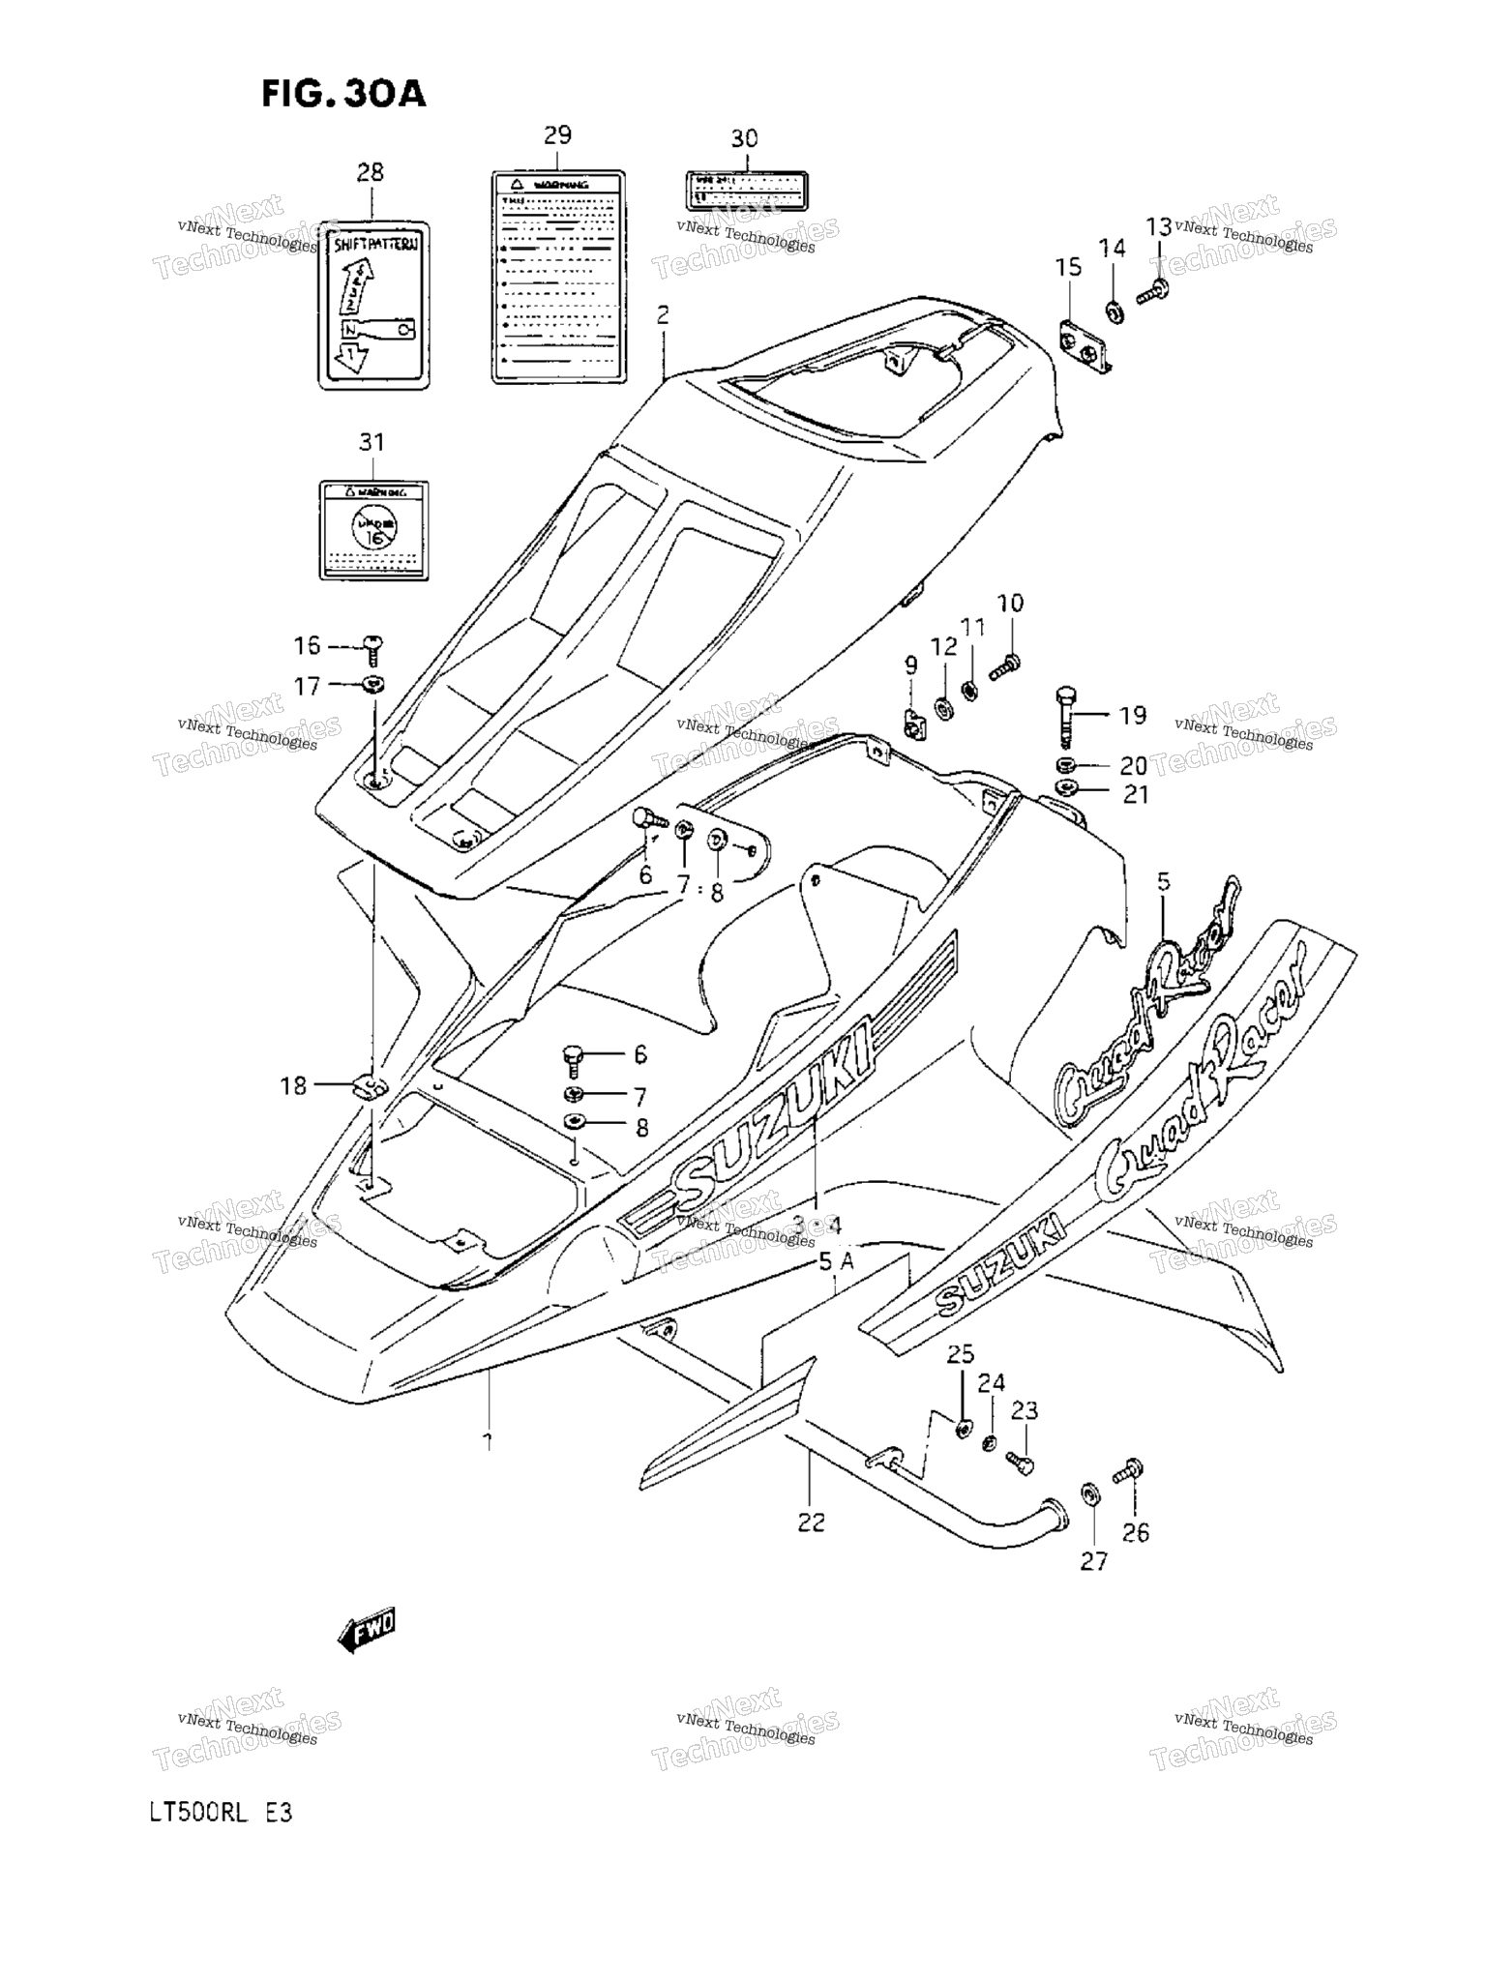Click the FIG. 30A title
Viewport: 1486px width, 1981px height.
pos(343,94)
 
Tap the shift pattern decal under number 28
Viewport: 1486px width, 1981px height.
pos(374,306)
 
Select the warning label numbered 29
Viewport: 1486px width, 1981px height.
pos(558,277)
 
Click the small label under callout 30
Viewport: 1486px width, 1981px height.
pos(746,192)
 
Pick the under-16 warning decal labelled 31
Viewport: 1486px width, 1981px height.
pos(373,530)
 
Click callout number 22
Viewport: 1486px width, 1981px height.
pos(811,1522)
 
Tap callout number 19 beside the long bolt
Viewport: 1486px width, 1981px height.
pos(1132,715)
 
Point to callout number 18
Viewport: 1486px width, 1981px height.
pos(293,1085)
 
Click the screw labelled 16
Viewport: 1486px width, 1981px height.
pos(373,642)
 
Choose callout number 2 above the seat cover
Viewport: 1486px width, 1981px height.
pos(663,314)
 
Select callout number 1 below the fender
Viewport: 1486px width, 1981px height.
pos(488,1441)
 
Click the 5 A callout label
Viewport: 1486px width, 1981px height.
pos(837,1260)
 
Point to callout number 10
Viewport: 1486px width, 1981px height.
pos(1010,603)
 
